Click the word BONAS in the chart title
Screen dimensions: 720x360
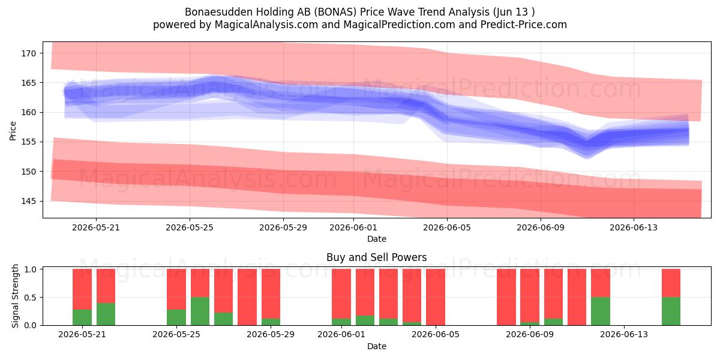click(x=335, y=12)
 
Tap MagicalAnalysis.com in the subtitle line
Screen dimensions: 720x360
click(x=266, y=25)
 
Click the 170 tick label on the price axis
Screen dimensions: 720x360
click(x=29, y=53)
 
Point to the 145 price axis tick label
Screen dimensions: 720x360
click(x=29, y=201)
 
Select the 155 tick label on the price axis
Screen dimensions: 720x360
click(x=29, y=142)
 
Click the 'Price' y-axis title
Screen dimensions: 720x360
click(x=13, y=131)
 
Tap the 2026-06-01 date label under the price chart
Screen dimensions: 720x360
click(x=353, y=227)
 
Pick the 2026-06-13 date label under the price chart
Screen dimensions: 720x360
click(x=634, y=227)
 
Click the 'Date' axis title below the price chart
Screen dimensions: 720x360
click(x=377, y=239)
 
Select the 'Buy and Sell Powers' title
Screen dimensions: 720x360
click(x=377, y=257)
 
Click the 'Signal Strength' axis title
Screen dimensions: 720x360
click(x=15, y=296)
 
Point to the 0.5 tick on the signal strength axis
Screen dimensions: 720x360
click(x=30, y=298)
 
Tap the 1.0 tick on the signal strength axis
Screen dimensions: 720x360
click(x=30, y=269)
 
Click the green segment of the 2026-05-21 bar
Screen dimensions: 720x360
click(x=82, y=317)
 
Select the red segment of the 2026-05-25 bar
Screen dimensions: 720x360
click(x=176, y=289)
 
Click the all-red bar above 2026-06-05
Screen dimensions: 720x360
click(x=436, y=297)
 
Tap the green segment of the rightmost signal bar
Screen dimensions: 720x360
click(x=671, y=311)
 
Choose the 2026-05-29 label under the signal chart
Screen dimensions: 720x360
click(x=271, y=335)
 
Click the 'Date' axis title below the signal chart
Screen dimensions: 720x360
click(x=377, y=346)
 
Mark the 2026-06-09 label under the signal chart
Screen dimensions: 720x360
click(x=530, y=335)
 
